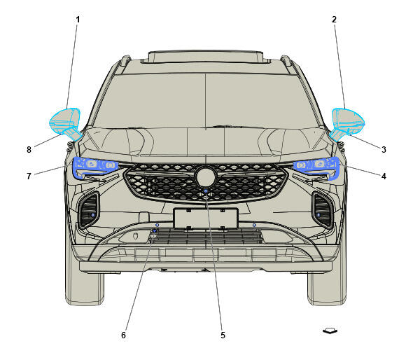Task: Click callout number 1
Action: (78, 20)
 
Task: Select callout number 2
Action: (334, 20)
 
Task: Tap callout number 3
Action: (384, 149)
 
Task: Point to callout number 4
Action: (384, 176)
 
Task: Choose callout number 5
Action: (223, 335)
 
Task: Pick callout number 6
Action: (123, 335)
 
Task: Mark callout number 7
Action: (29, 176)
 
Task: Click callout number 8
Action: (29, 149)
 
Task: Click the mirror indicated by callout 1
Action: (64, 122)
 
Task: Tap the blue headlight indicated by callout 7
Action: (94, 167)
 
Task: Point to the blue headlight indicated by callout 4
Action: (317, 167)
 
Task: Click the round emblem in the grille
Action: (206, 176)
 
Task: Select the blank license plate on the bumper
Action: (206, 219)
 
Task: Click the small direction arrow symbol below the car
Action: (330, 331)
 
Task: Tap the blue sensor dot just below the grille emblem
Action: (206, 191)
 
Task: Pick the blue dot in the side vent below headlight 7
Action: (93, 215)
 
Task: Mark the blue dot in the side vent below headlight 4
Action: (318, 215)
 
